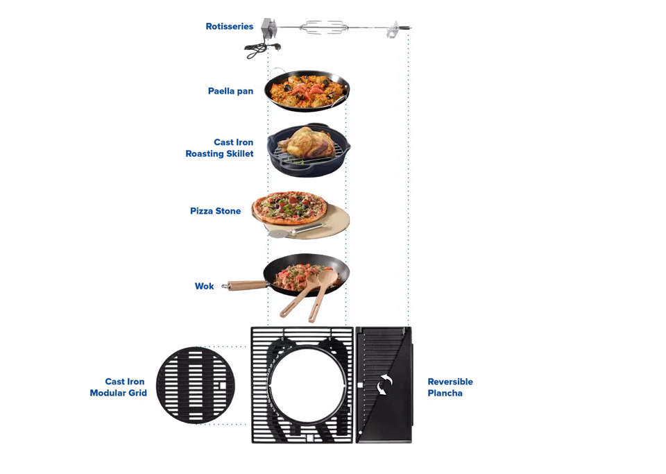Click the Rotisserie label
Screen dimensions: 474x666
point(229,26)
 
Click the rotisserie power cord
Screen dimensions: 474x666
point(261,48)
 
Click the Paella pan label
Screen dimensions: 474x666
point(230,91)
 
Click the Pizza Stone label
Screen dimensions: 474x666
point(215,211)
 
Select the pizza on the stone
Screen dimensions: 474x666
point(290,206)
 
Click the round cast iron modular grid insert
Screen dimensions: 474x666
point(195,383)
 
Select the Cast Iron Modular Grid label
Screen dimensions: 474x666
point(118,387)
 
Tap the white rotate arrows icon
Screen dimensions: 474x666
point(384,385)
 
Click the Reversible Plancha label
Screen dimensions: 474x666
point(450,387)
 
